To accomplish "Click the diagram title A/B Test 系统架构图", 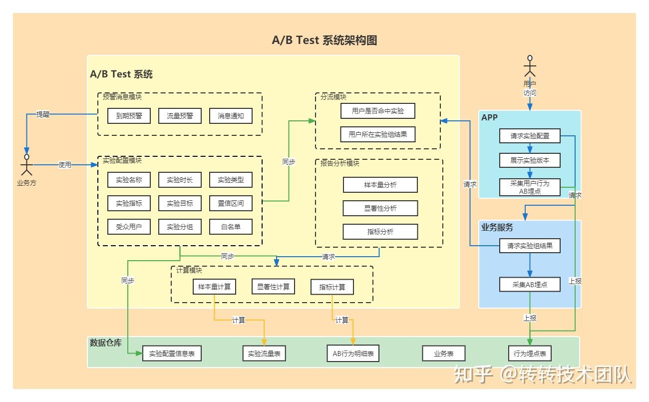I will [324, 40].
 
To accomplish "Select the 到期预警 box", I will [129, 116].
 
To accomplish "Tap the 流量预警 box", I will [180, 116].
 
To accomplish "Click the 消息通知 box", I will [231, 116].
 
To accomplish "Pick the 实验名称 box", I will [129, 180].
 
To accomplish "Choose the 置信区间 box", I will [231, 203].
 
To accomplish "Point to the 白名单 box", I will [231, 227].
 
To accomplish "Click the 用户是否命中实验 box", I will [378, 111].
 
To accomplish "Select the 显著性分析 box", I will [380, 208].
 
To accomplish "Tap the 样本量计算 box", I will [214, 287].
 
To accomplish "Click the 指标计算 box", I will [332, 287].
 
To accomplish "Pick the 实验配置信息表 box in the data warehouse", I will [172, 354].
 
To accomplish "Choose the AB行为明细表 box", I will [353, 354].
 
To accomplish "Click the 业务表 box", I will [443, 354].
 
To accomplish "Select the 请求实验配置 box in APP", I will [530, 136].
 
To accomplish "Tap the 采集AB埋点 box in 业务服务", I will [530, 285].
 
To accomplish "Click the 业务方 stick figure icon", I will [26, 165].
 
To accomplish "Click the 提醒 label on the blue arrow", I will [43, 114].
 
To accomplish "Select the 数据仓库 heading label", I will [105, 343].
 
